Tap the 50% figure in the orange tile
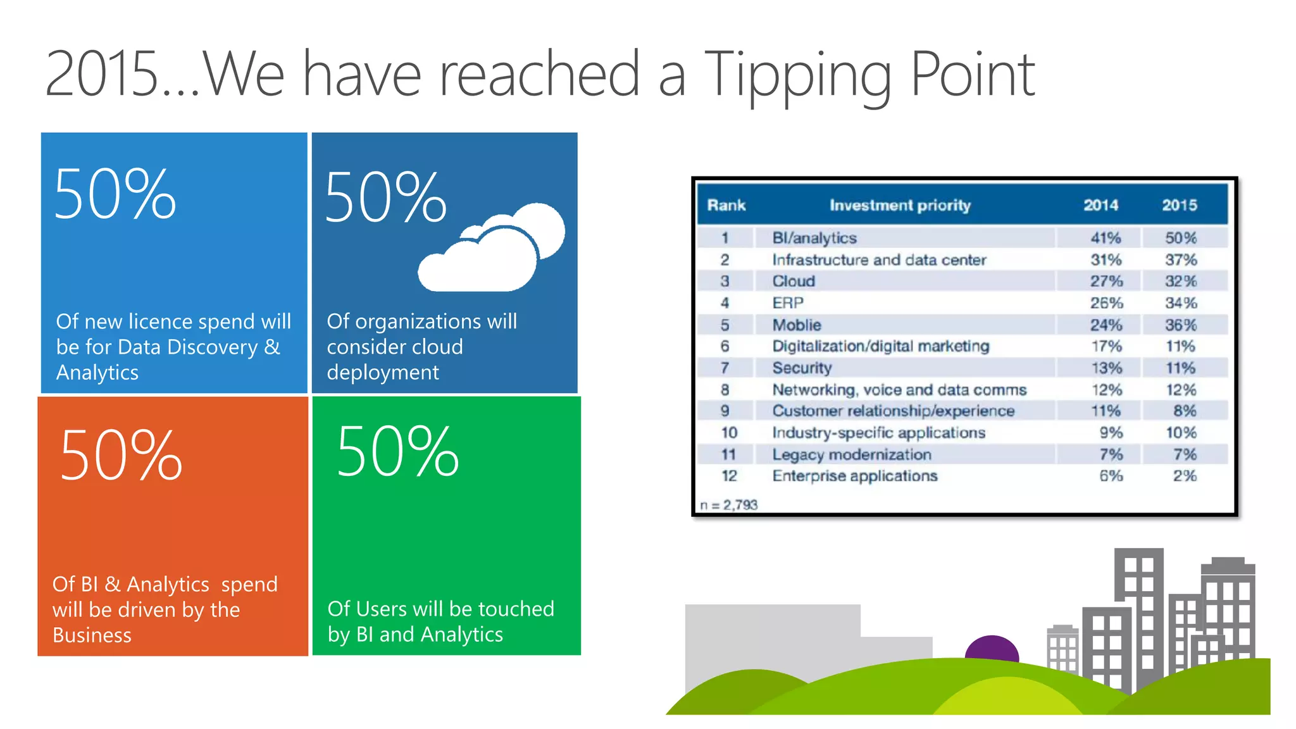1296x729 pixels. [121, 456]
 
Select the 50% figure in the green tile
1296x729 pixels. [397, 451]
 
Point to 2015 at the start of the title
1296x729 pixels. [101, 75]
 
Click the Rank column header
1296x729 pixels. [726, 206]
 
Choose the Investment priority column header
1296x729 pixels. [899, 206]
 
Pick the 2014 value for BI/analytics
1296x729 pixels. [1105, 239]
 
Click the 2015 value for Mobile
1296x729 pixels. [1180, 325]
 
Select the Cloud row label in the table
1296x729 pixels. [794, 282]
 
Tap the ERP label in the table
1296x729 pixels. [788, 303]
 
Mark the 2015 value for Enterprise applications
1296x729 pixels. [1184, 476]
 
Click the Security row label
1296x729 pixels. [802, 368]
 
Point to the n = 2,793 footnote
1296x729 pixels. [728, 505]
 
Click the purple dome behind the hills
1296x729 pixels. [991, 648]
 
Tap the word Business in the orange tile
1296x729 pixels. [92, 635]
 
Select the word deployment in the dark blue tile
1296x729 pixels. [382, 373]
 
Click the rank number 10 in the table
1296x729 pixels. [729, 433]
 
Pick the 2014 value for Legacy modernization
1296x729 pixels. [1111, 454]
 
